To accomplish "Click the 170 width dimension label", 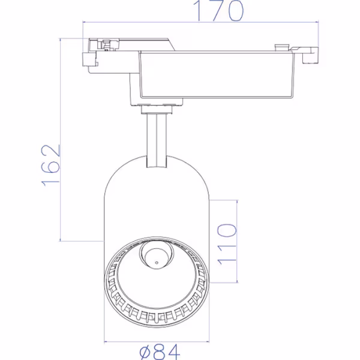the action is tap(218, 11).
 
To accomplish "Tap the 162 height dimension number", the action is tap(50, 165).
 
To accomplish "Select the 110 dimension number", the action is tap(227, 245).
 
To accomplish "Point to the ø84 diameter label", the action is tap(160, 352).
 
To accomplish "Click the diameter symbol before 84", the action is tap(147, 352).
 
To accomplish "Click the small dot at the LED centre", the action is tap(157, 263).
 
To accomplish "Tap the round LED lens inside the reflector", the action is tap(157, 254).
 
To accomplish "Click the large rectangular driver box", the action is tap(216, 75).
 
